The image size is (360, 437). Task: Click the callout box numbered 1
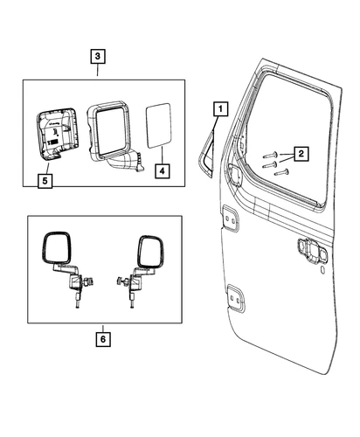[219, 109]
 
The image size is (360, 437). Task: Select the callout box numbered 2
[301, 155]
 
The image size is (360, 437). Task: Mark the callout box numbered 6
[104, 336]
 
